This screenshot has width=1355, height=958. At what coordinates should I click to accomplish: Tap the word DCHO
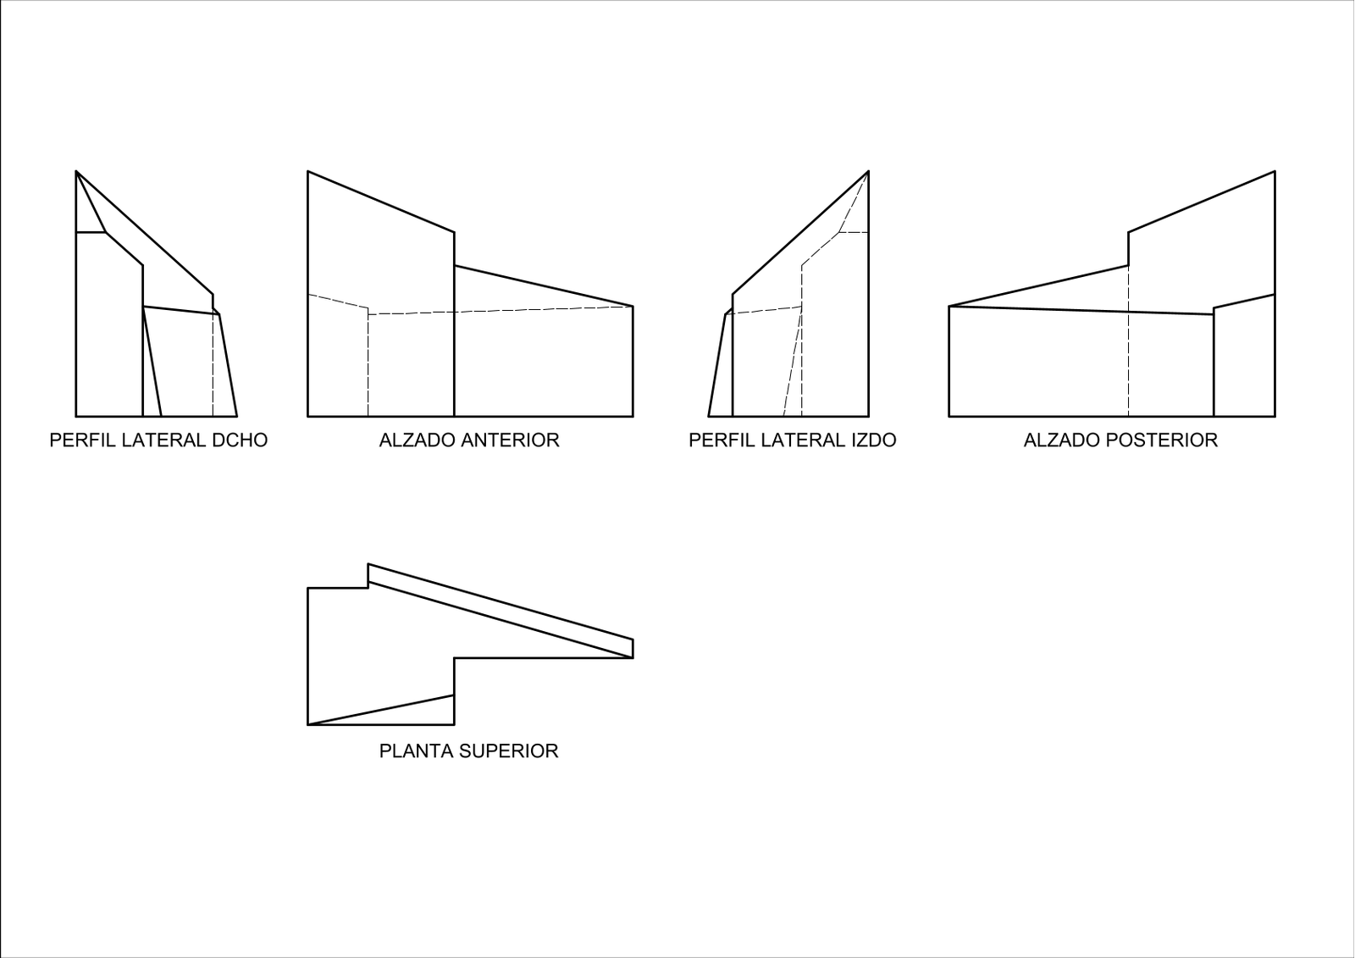point(240,440)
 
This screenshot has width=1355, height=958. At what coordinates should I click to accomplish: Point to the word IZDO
point(873,440)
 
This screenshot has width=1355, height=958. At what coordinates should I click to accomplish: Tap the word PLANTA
point(417,751)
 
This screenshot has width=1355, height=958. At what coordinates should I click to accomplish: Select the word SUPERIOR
point(509,751)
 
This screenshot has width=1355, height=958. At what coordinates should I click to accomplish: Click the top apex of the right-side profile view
point(76,171)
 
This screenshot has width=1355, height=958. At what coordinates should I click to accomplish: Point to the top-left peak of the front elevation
point(308,171)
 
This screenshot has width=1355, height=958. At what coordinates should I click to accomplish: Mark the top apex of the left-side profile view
point(869,171)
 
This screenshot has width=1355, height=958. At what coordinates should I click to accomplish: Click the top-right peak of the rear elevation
point(1275,171)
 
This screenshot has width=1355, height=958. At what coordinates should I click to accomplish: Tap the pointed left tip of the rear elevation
point(949,307)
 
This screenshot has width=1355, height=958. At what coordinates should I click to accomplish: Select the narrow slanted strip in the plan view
point(501,611)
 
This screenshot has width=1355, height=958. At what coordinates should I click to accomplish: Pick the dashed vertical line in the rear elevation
point(1128,341)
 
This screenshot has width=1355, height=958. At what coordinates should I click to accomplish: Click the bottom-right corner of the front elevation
point(633,417)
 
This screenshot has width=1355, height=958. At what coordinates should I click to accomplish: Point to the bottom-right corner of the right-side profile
point(237,417)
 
